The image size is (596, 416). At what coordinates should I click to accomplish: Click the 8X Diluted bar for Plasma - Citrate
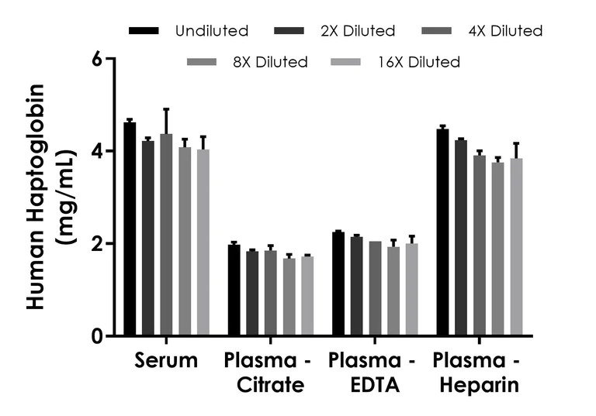pyautogui.click(x=289, y=297)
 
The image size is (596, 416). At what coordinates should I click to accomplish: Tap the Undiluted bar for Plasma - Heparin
pyautogui.click(x=442, y=232)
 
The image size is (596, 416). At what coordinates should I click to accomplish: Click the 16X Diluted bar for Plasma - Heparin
pyautogui.click(x=516, y=247)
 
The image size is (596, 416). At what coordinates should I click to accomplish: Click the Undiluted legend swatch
pyautogui.click(x=144, y=31)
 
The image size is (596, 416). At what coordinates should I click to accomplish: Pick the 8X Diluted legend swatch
pyautogui.click(x=203, y=62)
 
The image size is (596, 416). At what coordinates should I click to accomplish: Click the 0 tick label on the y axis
pyautogui.click(x=96, y=336)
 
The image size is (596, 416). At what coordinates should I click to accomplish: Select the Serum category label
pyautogui.click(x=165, y=361)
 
